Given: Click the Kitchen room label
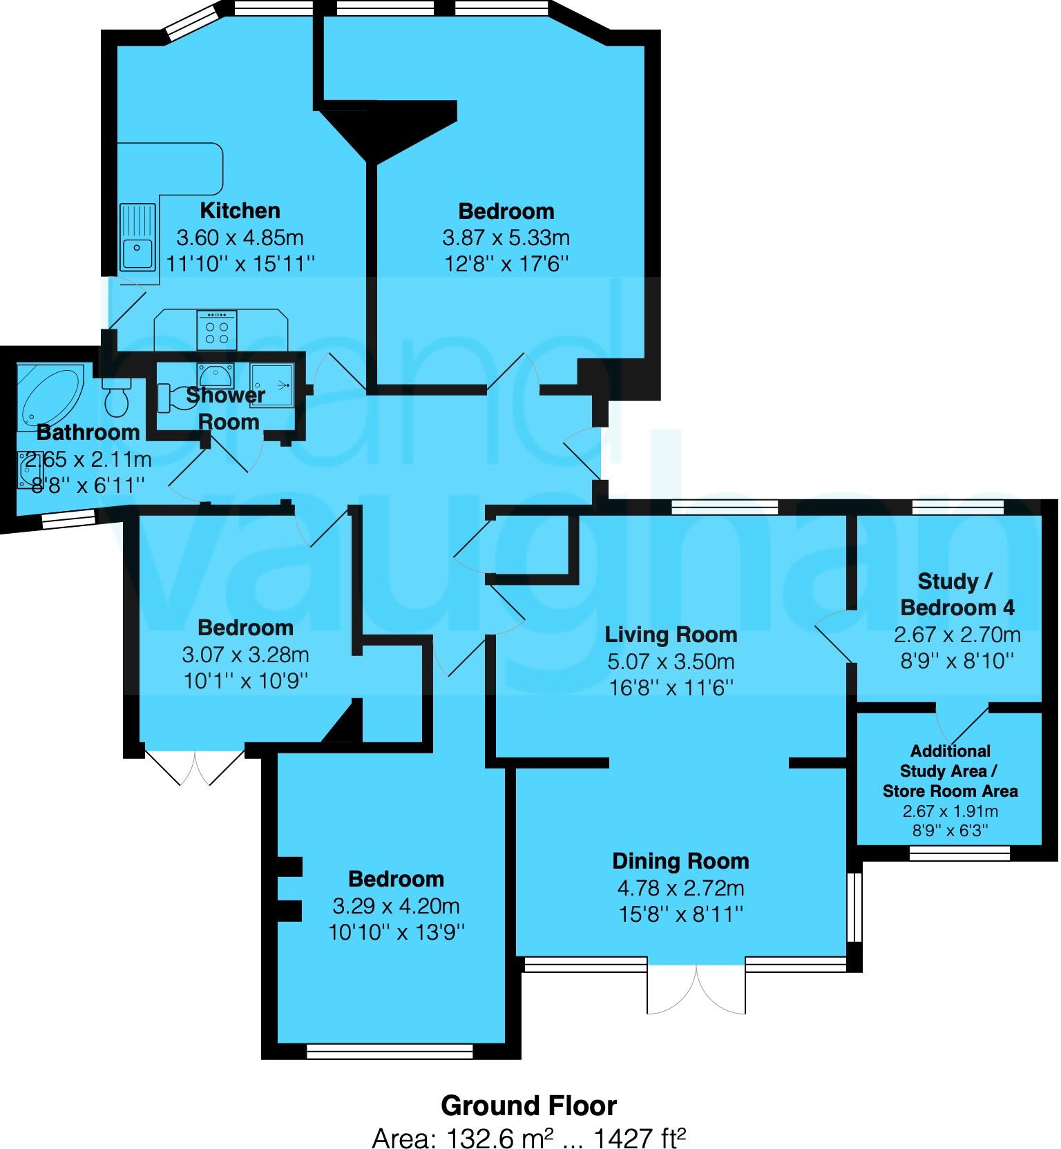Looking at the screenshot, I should tap(240, 211).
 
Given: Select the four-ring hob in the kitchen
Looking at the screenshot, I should tap(217, 330).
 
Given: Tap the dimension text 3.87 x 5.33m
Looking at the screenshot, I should tap(506, 238).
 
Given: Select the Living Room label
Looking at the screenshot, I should tap(671, 635).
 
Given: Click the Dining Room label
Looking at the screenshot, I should tap(680, 861).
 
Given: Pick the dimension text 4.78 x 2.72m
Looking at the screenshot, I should tap(680, 888).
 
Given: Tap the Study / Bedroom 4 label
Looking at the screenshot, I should tap(957, 595).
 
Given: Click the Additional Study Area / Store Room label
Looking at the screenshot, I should tap(950, 771).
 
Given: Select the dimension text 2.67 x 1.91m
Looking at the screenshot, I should tap(950, 812).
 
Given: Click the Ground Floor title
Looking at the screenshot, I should tap(528, 1105).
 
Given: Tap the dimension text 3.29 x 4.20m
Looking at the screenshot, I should tap(396, 906).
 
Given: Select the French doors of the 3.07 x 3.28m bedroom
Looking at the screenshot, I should tap(195, 765).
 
